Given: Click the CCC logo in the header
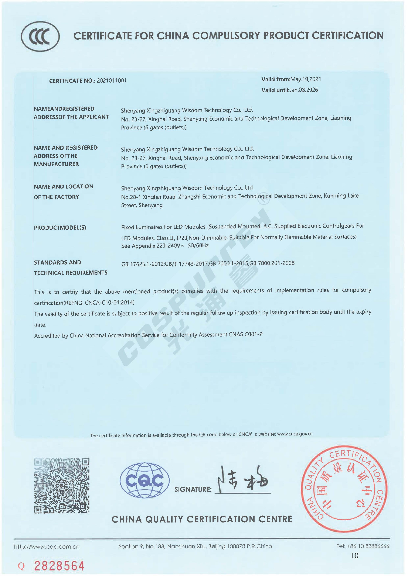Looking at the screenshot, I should tap(40, 36).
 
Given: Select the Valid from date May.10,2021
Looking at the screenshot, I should tap(306, 79).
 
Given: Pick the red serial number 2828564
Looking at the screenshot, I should tap(59, 566).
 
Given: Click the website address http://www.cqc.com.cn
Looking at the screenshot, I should tap(47, 546).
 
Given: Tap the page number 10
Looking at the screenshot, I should tap(354, 555).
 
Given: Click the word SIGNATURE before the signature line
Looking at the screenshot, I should tap(193, 489).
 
